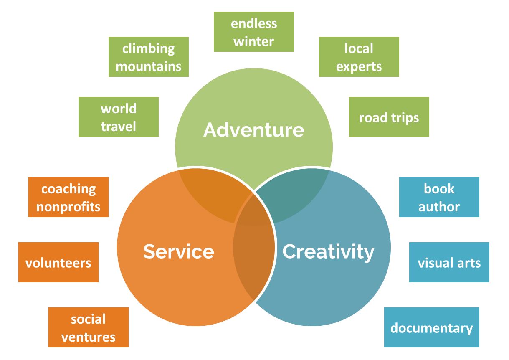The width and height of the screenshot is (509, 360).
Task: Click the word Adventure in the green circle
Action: pos(253,130)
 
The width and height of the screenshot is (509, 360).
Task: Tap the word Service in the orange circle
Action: pos(179,251)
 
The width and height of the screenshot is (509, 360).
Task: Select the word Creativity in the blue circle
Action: pos(328,251)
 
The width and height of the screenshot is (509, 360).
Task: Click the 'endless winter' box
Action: pos(253,32)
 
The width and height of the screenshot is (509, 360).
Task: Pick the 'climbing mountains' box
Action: pos(148,57)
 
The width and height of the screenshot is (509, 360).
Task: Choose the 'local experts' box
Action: pos(359,57)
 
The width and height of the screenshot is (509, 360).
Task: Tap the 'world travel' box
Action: pos(118,117)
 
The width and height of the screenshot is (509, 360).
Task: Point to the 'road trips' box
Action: pos(389,117)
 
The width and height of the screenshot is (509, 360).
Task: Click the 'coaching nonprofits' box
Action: pos(68,197)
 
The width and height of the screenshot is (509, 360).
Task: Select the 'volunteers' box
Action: pos(58,262)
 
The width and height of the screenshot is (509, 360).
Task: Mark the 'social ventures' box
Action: pos(88,327)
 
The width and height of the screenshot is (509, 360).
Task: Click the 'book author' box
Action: pos(439,197)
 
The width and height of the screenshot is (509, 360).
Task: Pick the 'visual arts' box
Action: pos(449,262)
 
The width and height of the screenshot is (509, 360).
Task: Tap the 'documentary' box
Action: pos(431,327)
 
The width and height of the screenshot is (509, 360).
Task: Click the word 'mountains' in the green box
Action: pos(148,66)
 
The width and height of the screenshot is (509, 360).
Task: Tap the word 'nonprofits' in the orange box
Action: pos(68,207)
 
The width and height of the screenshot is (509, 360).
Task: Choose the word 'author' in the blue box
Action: pos(439,207)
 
